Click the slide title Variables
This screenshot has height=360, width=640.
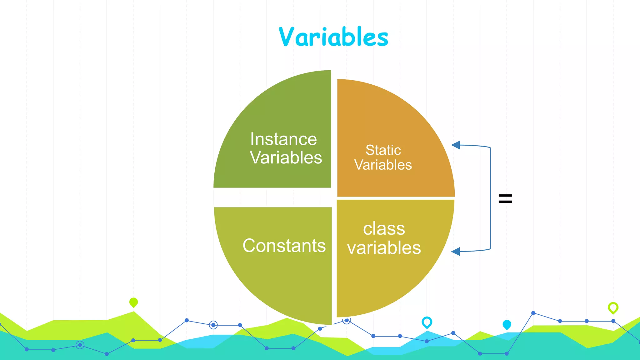333,37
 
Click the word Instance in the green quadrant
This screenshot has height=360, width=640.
283,139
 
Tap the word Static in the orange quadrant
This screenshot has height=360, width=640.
383,150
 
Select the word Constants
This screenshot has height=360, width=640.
284,246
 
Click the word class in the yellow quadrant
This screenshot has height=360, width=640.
384,229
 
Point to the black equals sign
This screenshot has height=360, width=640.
505,199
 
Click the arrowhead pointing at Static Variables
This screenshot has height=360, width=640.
456,145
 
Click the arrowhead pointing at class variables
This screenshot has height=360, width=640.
456,251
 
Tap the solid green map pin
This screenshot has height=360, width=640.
133,302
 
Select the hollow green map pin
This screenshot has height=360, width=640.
613,307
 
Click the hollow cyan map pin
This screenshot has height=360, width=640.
427,322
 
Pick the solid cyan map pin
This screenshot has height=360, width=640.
507,324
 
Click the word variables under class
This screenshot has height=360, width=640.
384,248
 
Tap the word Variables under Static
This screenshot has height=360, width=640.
383,165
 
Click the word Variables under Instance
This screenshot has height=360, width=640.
286,157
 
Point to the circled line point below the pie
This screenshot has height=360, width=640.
213,325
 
